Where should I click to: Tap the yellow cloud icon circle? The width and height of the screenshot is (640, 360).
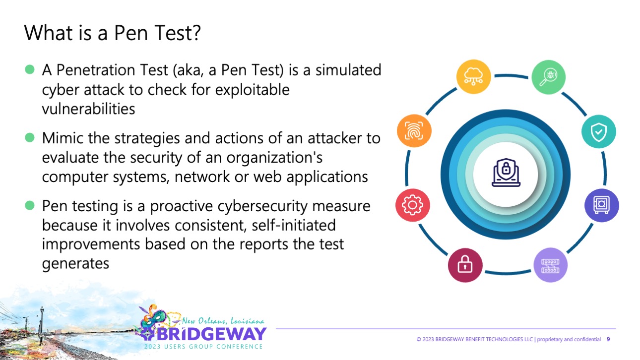[473, 77]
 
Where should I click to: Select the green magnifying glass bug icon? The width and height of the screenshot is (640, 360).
[548, 77]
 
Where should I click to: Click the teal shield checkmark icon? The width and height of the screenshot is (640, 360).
[598, 131]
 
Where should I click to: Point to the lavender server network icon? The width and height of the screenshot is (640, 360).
[550, 265]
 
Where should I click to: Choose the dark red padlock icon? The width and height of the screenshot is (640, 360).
[465, 265]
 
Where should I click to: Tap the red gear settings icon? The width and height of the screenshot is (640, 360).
[413, 204]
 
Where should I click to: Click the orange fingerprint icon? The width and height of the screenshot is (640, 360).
[414, 131]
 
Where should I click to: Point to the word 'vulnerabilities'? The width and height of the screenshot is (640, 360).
[88, 108]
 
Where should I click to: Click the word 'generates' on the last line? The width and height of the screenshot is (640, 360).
[75, 263]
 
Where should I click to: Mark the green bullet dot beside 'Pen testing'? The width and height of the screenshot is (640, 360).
[30, 205]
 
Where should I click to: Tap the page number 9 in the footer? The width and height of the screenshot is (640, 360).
[608, 340]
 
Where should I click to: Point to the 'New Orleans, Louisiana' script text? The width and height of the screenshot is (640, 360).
[223, 321]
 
